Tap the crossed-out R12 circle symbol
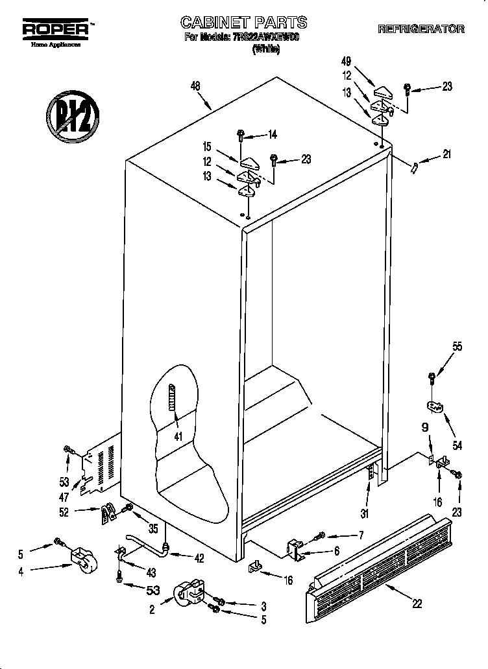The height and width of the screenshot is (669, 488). pos(71,115)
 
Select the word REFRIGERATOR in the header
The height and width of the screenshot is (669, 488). pos(421,29)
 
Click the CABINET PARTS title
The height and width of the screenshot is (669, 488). pos(243,23)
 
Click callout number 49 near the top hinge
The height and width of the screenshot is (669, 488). pos(346,62)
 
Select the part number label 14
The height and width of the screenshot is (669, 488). pos(273,135)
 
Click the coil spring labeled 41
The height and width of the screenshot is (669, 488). pos(173,397)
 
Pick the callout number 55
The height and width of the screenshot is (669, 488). pos(457,347)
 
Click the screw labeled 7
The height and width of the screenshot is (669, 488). pos(320,536)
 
